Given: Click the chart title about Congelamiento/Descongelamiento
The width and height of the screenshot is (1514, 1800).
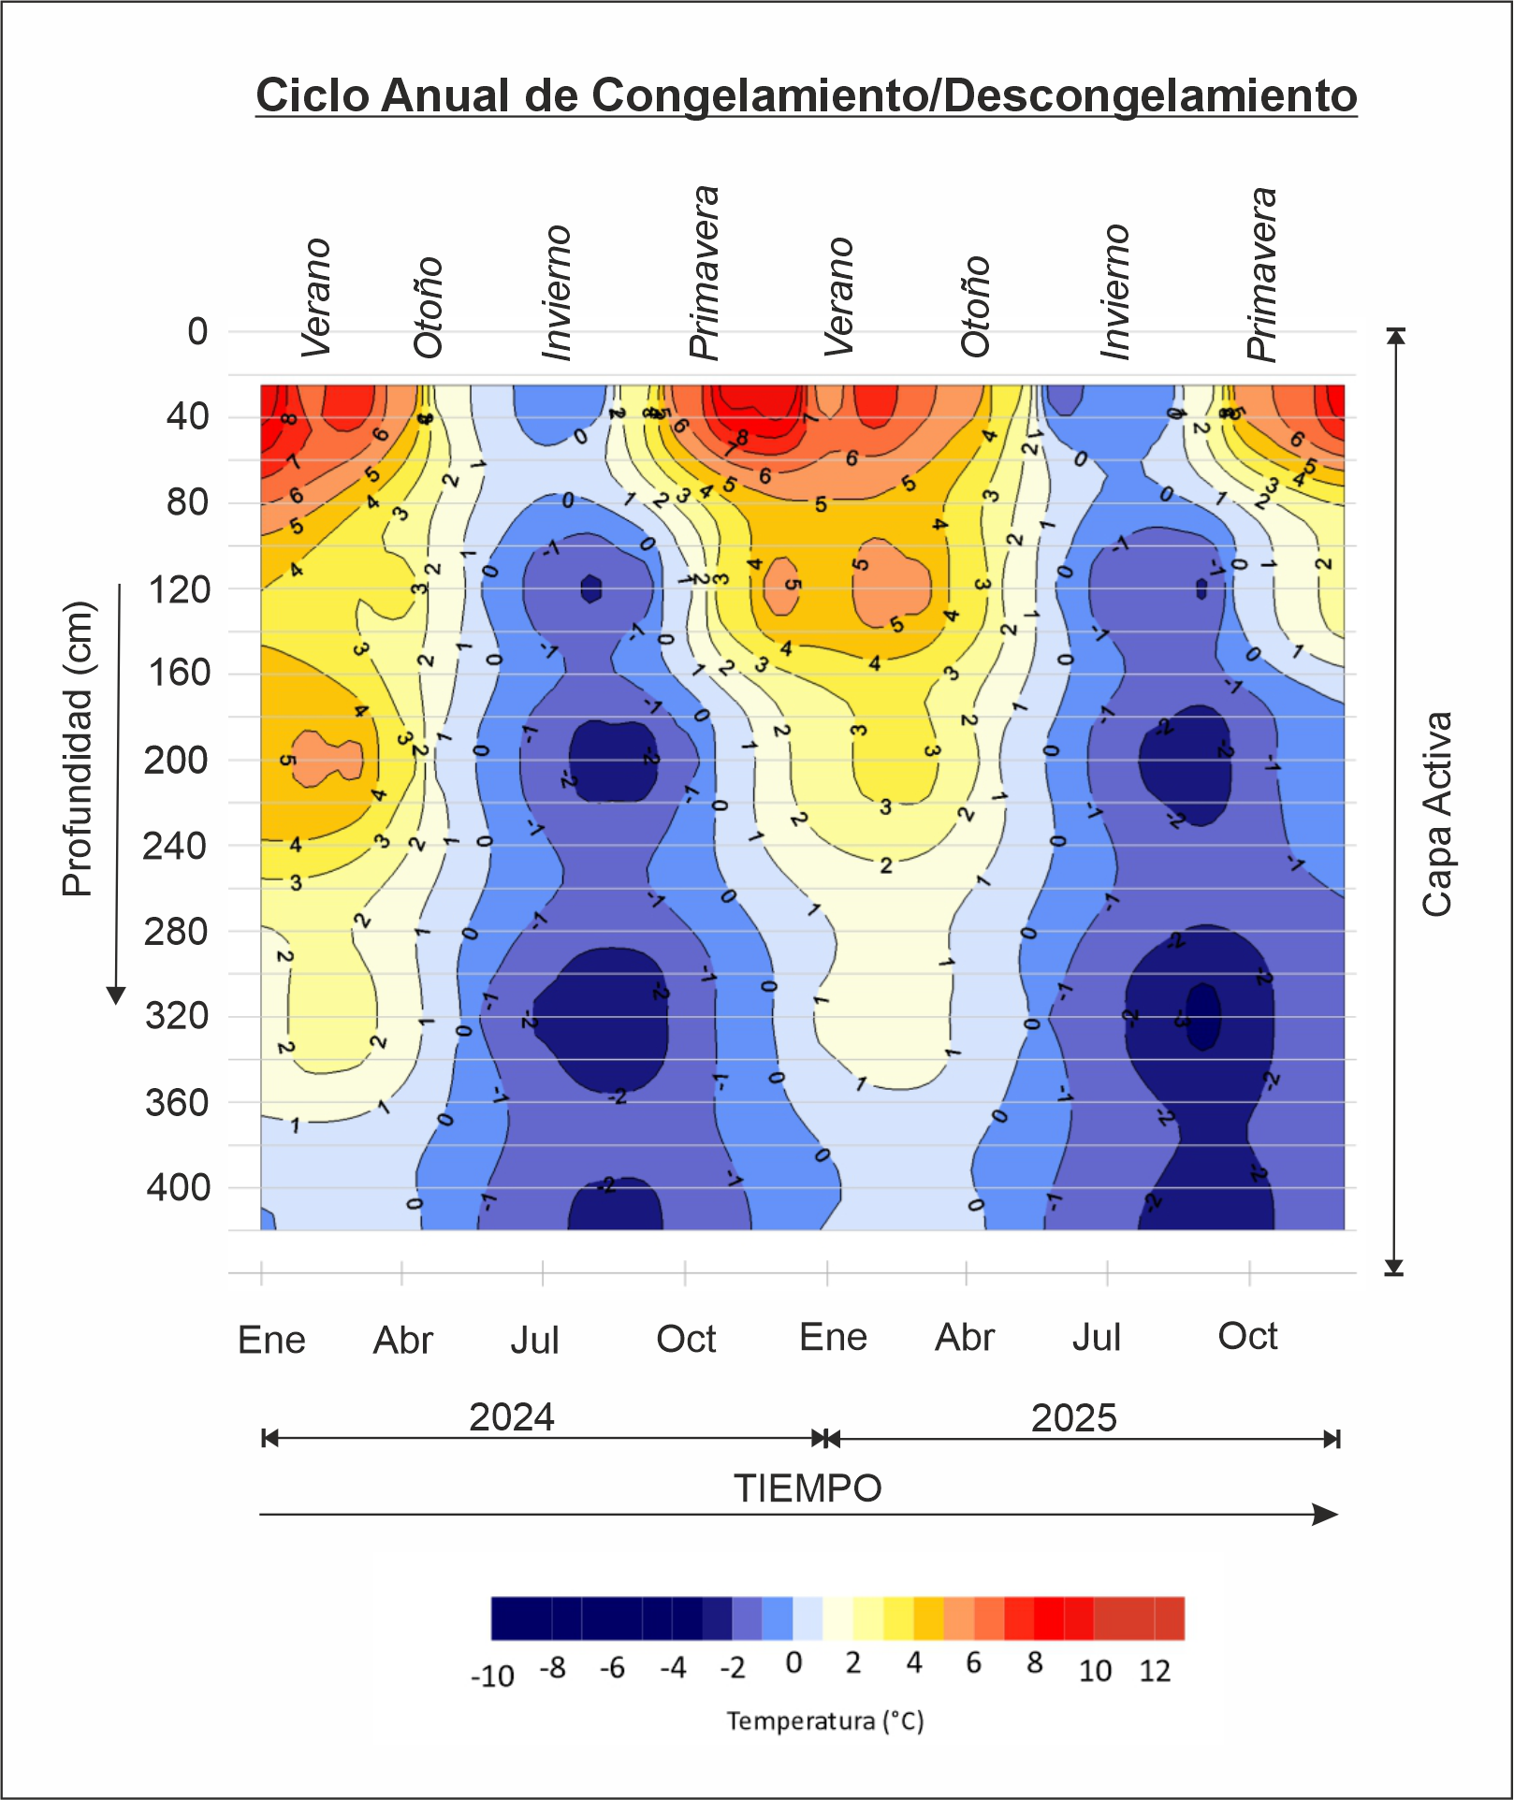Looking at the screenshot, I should coord(806,96).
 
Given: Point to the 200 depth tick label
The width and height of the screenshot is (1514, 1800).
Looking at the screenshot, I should coord(176,761).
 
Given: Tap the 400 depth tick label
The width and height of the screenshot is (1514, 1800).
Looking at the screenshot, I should coord(178,1188).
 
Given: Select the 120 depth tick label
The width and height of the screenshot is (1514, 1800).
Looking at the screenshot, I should coord(180,590).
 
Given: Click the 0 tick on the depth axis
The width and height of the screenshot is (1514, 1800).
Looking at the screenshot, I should coord(197,331).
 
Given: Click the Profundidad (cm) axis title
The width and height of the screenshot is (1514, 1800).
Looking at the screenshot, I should coord(79,748).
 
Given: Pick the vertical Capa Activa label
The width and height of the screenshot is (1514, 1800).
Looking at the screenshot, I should coord(1437,814).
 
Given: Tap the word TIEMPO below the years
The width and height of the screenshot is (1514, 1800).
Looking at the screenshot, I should coord(808,1488).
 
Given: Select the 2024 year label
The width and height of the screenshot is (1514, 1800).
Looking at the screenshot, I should coord(512,1417).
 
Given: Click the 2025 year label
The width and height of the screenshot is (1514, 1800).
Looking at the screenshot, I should coord(1073,1418).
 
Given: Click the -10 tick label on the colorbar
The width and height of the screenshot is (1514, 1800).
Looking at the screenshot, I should coord(492,1676).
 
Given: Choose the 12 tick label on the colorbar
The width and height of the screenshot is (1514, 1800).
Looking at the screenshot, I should coord(1155,1671).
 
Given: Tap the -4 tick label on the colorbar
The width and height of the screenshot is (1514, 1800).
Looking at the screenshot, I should coord(673,1668).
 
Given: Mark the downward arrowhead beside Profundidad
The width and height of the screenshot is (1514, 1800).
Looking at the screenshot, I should coord(116,994).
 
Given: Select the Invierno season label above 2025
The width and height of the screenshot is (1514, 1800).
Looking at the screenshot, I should coord(1115,291).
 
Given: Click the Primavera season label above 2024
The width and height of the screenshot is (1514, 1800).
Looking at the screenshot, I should coord(705,272).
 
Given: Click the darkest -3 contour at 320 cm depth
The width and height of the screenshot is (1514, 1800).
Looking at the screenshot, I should coord(1203,1016).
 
